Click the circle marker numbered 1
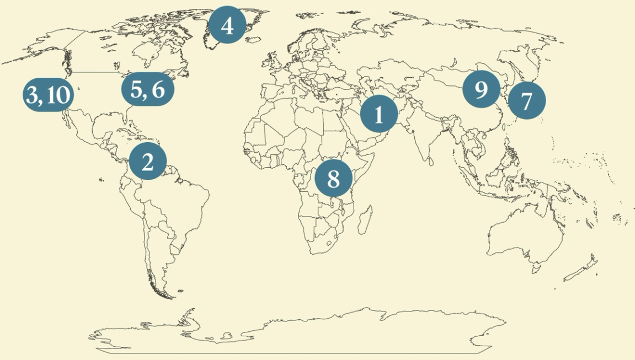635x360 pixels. click(x=378, y=114)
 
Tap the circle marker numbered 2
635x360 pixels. click(x=147, y=161)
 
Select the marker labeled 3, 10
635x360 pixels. click(x=48, y=95)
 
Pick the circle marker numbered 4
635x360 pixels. click(x=227, y=25)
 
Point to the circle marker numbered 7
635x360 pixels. click(x=526, y=101)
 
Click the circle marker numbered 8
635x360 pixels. click(x=333, y=178)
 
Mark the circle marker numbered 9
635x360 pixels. click(x=481, y=89)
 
